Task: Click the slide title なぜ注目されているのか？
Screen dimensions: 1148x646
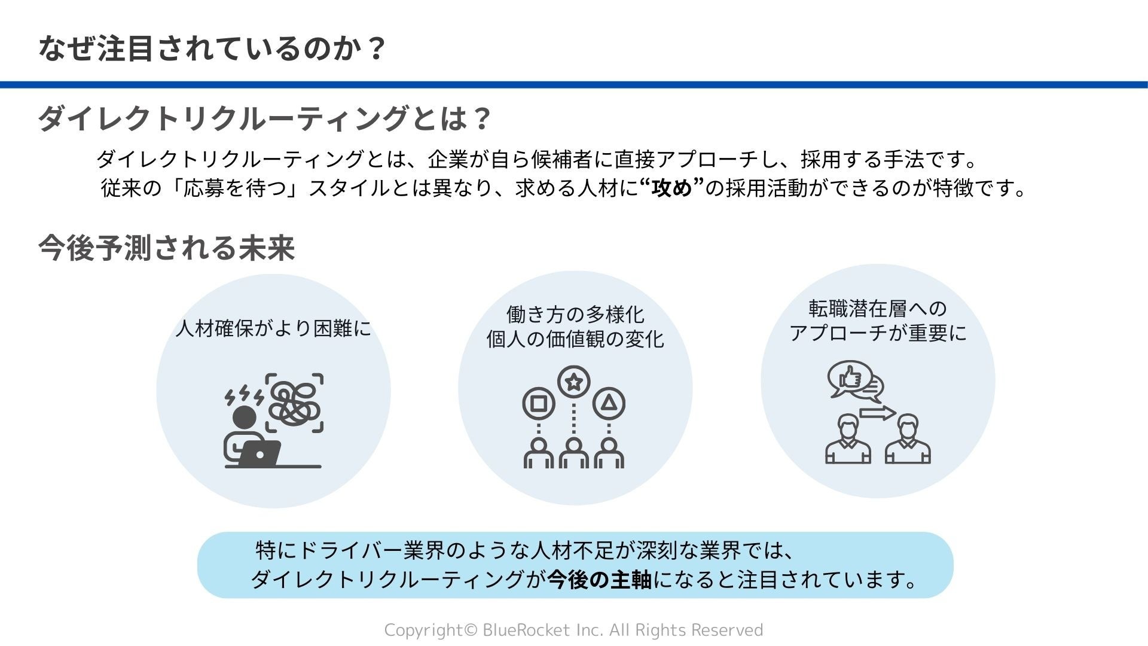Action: (212, 48)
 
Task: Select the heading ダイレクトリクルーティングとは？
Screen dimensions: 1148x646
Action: (264, 118)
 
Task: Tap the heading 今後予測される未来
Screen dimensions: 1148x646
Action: (166, 248)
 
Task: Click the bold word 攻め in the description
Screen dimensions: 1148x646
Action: (671, 188)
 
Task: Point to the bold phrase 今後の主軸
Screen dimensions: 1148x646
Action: (600, 580)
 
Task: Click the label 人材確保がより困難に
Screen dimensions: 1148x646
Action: (273, 328)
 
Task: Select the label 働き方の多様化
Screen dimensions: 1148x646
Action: (575, 314)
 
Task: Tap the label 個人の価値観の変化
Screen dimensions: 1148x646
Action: (575, 339)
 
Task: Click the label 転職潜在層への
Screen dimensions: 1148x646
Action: (878, 309)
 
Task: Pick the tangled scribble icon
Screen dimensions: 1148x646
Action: (294, 403)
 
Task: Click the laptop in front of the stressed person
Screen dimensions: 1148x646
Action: (260, 454)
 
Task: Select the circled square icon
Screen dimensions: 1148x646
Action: (539, 404)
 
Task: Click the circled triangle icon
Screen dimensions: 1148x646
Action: (609, 404)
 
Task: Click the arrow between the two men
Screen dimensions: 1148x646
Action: (877, 413)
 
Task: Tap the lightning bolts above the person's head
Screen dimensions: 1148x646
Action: (243, 395)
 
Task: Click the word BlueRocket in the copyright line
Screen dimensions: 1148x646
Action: (527, 630)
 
